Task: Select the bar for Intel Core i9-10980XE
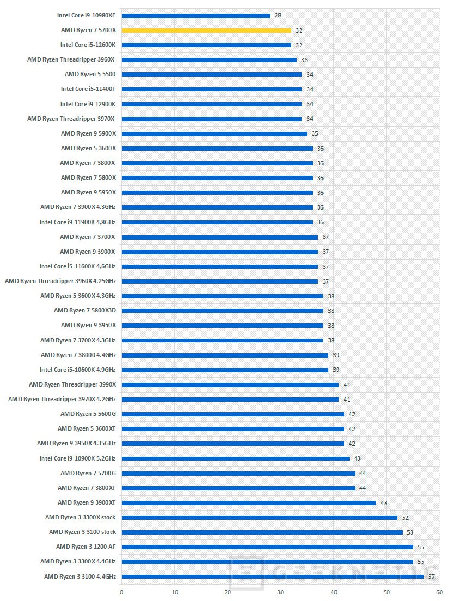pos(196,16)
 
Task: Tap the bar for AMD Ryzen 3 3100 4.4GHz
pos(272,576)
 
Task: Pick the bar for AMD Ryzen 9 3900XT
pos(248,502)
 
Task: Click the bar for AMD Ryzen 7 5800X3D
pos(222,310)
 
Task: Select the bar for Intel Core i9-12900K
pos(211,104)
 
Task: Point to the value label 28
pos(278,16)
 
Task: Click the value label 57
pos(431,576)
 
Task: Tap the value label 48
pos(383,502)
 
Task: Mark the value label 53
pos(410,532)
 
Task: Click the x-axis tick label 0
pos(121,592)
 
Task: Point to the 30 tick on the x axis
pos(280,592)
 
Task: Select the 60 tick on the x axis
pos(439,592)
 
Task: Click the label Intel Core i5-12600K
pos(88,45)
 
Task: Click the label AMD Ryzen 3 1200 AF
pos(86,547)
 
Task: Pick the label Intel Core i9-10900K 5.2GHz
pos(77,458)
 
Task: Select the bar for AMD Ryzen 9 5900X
pos(214,133)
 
